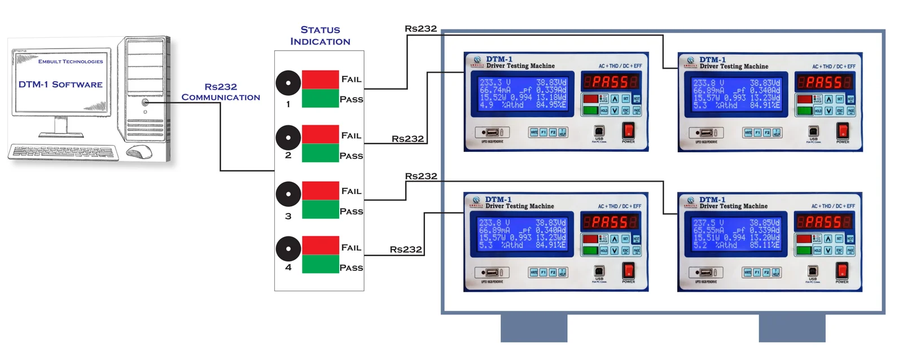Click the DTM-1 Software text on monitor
point(60,85)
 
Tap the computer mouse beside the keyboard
point(139,151)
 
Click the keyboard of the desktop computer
point(63,152)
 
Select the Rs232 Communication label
point(221,92)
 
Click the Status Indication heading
point(320,36)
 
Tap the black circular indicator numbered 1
point(288,83)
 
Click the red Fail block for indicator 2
point(320,134)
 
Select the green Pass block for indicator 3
point(320,209)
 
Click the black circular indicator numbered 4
point(288,249)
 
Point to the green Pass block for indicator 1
point(320,98)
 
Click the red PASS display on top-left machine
point(610,82)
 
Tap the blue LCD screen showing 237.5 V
point(736,234)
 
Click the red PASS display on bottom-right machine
point(823,222)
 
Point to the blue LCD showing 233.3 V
point(523,94)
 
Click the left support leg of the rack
point(534,328)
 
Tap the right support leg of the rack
point(792,328)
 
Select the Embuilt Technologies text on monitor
point(71,62)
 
